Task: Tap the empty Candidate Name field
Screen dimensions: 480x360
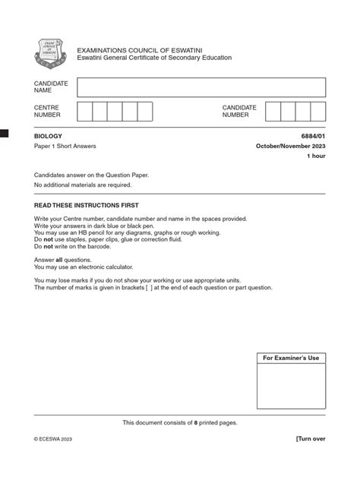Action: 201,87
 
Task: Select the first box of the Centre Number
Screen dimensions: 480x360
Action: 84,112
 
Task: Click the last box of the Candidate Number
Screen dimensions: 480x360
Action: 317,112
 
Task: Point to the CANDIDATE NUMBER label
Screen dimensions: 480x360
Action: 239,112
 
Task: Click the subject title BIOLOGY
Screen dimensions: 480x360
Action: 49,135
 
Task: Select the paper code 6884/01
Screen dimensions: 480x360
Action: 312,135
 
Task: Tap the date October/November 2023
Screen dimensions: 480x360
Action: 290,145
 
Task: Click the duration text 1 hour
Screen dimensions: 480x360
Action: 315,156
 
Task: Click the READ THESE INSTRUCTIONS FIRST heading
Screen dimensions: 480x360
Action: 86,205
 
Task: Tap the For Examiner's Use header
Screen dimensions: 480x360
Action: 291,358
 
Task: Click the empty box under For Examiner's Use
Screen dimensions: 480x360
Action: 291,386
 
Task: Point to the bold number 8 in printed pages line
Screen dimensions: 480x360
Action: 196,422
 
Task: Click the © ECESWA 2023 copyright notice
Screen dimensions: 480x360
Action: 53,439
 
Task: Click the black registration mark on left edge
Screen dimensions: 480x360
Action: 4,134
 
